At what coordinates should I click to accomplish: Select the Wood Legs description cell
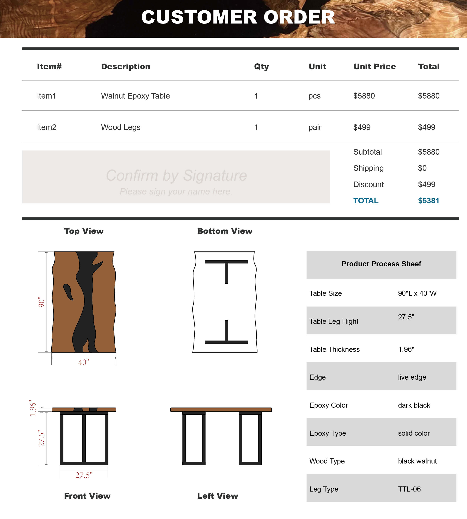click(121, 127)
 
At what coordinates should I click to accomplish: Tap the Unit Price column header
click(374, 66)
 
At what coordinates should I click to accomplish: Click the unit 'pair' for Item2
click(315, 127)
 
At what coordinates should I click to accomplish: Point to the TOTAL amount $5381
click(429, 201)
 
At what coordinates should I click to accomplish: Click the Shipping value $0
click(422, 168)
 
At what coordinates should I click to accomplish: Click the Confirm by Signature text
click(176, 176)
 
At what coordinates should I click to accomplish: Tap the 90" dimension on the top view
click(41, 302)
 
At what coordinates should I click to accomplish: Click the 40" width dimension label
click(83, 362)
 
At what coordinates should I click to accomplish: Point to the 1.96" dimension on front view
click(33, 408)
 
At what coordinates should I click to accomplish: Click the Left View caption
click(217, 496)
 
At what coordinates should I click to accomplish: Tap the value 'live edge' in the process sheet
click(412, 377)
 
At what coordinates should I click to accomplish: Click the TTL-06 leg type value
click(409, 489)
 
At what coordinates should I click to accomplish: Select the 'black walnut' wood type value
click(417, 461)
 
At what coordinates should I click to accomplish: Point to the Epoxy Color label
click(328, 405)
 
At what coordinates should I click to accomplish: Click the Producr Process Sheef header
click(381, 264)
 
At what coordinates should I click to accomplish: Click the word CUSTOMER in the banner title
click(199, 17)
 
